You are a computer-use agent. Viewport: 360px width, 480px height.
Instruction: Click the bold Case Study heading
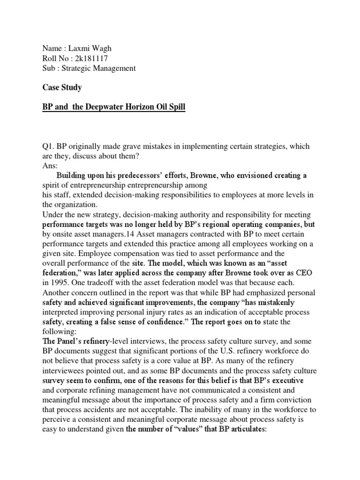62,87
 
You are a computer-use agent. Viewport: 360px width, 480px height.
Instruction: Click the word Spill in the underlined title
176,107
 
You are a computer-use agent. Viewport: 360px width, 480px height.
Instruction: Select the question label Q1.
49,147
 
